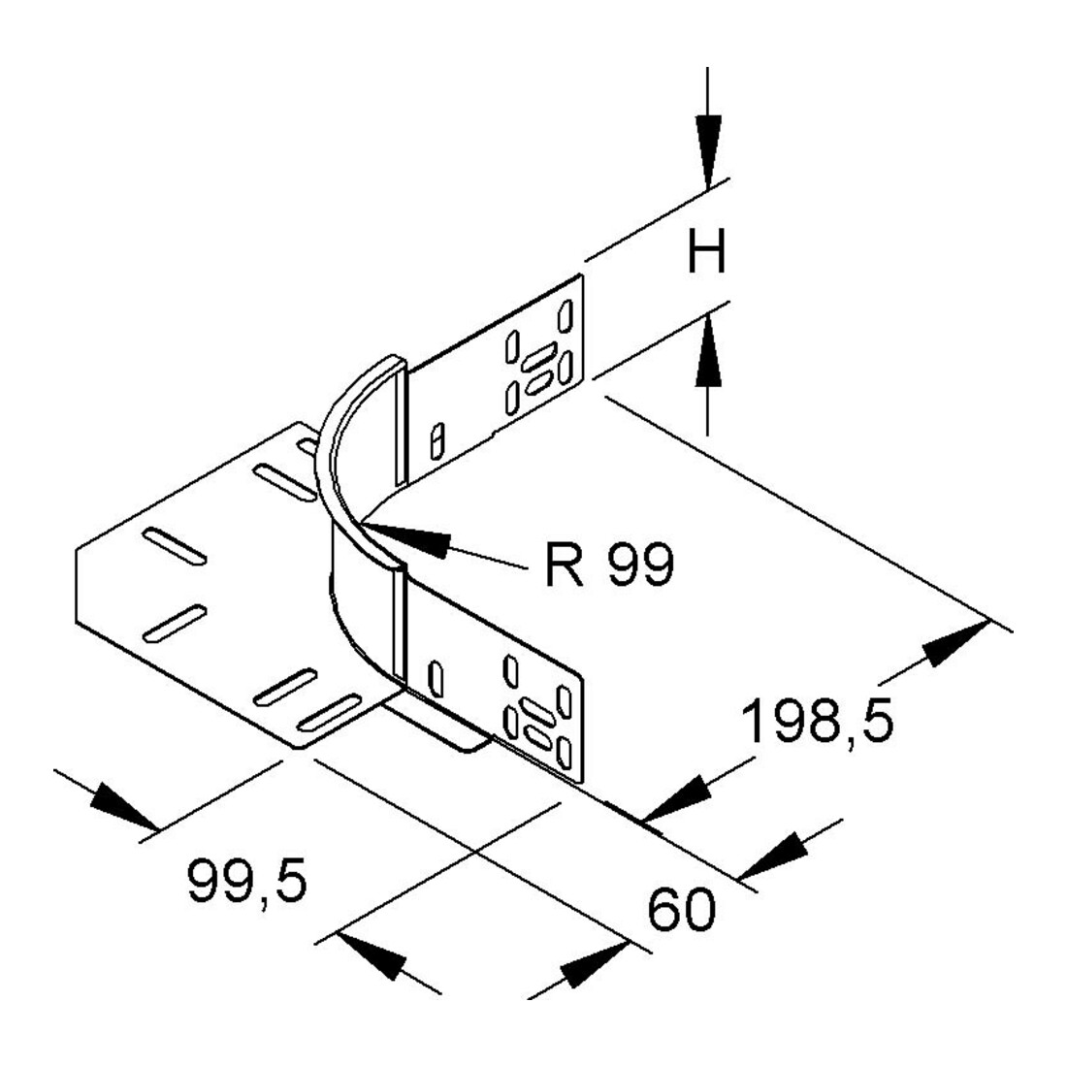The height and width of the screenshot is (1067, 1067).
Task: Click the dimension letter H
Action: pyautogui.click(x=707, y=250)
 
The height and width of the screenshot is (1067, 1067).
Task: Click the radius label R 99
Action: pyautogui.click(x=609, y=565)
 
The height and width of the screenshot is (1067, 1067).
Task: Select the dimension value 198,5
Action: pyautogui.click(x=817, y=722)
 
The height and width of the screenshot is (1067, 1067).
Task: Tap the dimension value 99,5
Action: pyautogui.click(x=247, y=881)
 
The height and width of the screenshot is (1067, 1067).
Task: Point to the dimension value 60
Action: pyautogui.click(x=681, y=909)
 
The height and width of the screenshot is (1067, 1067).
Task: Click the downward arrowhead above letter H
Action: pyautogui.click(x=708, y=151)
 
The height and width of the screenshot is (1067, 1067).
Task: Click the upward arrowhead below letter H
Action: pyautogui.click(x=708, y=350)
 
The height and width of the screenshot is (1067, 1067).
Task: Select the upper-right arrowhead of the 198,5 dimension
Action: pyautogui.click(x=955, y=643)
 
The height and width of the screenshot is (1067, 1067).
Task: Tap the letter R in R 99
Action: pyautogui.click(x=565, y=565)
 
